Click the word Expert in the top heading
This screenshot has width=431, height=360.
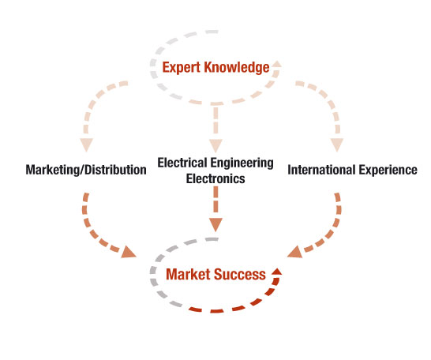tap(181, 68)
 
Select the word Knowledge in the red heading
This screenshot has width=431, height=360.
tap(237, 68)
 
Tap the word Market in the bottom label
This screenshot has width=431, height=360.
tap(188, 274)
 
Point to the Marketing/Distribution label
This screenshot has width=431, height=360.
tap(86, 170)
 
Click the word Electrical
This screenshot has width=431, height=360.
tap(182, 163)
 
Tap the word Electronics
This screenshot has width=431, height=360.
tap(215, 178)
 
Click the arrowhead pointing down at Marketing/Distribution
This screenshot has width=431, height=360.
tap(86, 144)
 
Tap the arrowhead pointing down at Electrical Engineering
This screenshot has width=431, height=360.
tap(215, 145)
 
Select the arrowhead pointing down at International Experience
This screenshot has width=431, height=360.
tap(337, 144)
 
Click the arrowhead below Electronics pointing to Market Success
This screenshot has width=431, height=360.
tap(215, 225)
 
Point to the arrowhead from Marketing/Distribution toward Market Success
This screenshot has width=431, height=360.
tap(128, 253)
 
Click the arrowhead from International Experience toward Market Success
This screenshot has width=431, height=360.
tap(295, 253)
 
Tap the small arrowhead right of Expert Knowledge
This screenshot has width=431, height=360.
tap(277, 64)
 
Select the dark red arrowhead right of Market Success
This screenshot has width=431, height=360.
tap(276, 272)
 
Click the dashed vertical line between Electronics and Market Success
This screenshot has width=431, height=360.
tap(215, 200)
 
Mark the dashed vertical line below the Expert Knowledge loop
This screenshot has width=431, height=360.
tap(215, 120)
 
